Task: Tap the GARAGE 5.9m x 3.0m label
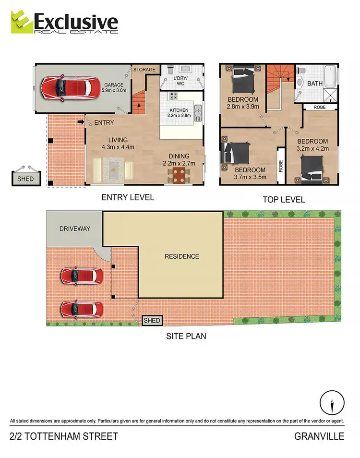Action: point(114,87)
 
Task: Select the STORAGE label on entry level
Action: point(144,70)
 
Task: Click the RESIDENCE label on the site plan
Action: point(181,256)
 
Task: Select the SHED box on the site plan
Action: point(152,320)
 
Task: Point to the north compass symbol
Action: point(332,401)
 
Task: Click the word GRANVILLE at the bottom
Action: point(320,436)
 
